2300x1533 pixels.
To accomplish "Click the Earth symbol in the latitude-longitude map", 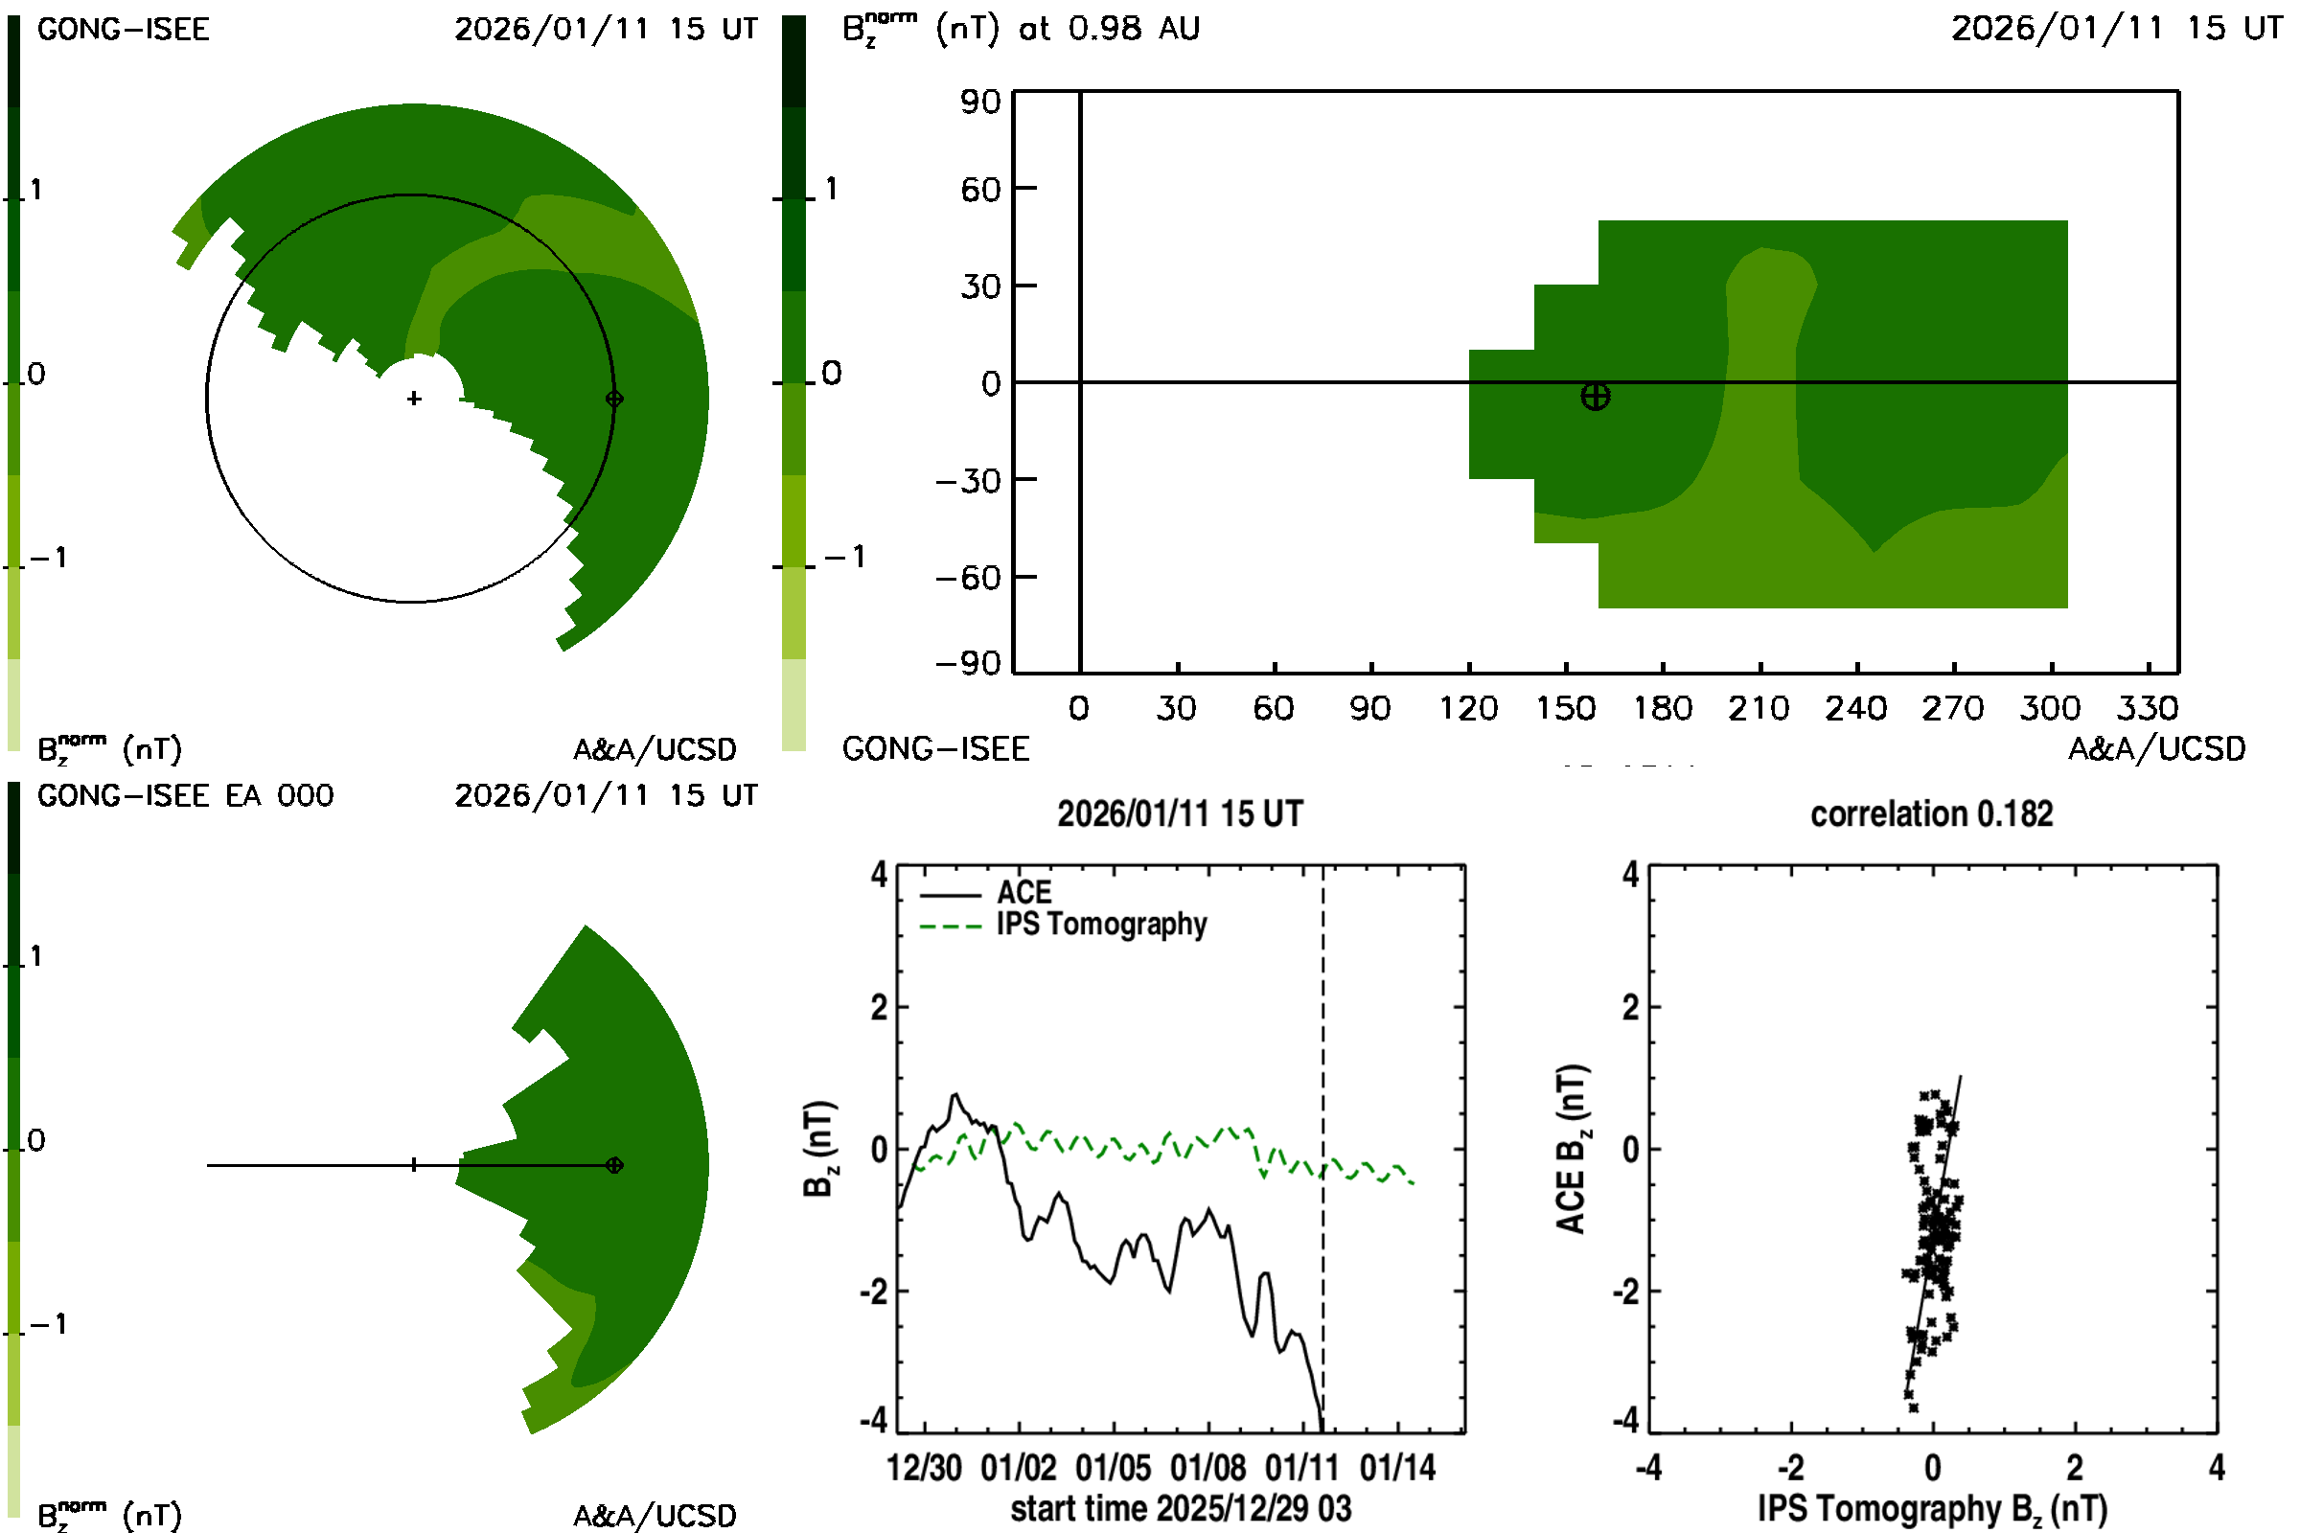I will tap(1595, 396).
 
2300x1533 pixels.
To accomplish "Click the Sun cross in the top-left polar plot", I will tap(415, 398).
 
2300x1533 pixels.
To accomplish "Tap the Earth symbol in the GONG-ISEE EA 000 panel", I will tap(614, 1164).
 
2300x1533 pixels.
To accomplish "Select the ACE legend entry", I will tap(1023, 893).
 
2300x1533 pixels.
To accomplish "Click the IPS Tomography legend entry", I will tap(1101, 924).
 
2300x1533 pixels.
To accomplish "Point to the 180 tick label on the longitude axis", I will tap(1663, 708).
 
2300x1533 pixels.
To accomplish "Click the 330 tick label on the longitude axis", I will tap(2148, 708).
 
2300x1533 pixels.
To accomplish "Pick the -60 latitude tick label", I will tap(967, 578).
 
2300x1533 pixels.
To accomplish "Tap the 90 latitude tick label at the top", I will tap(979, 102).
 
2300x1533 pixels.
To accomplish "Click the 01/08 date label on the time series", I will tap(1207, 1468).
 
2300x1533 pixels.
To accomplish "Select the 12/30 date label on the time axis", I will tap(923, 1468).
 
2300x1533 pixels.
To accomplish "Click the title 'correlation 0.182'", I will tap(1931, 813).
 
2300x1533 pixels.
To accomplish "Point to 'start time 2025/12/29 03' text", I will tap(1181, 1508).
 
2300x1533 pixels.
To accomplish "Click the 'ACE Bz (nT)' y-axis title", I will tap(1571, 1149).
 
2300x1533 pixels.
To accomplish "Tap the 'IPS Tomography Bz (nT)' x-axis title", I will tap(1931, 1508).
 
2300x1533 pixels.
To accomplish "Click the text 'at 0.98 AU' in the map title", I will tap(1109, 29).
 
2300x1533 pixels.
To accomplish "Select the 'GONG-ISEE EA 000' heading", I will tap(185, 796).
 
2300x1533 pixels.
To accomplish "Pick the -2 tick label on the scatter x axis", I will tap(1789, 1468).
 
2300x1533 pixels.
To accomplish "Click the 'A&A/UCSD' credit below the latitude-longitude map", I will tap(2156, 749).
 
